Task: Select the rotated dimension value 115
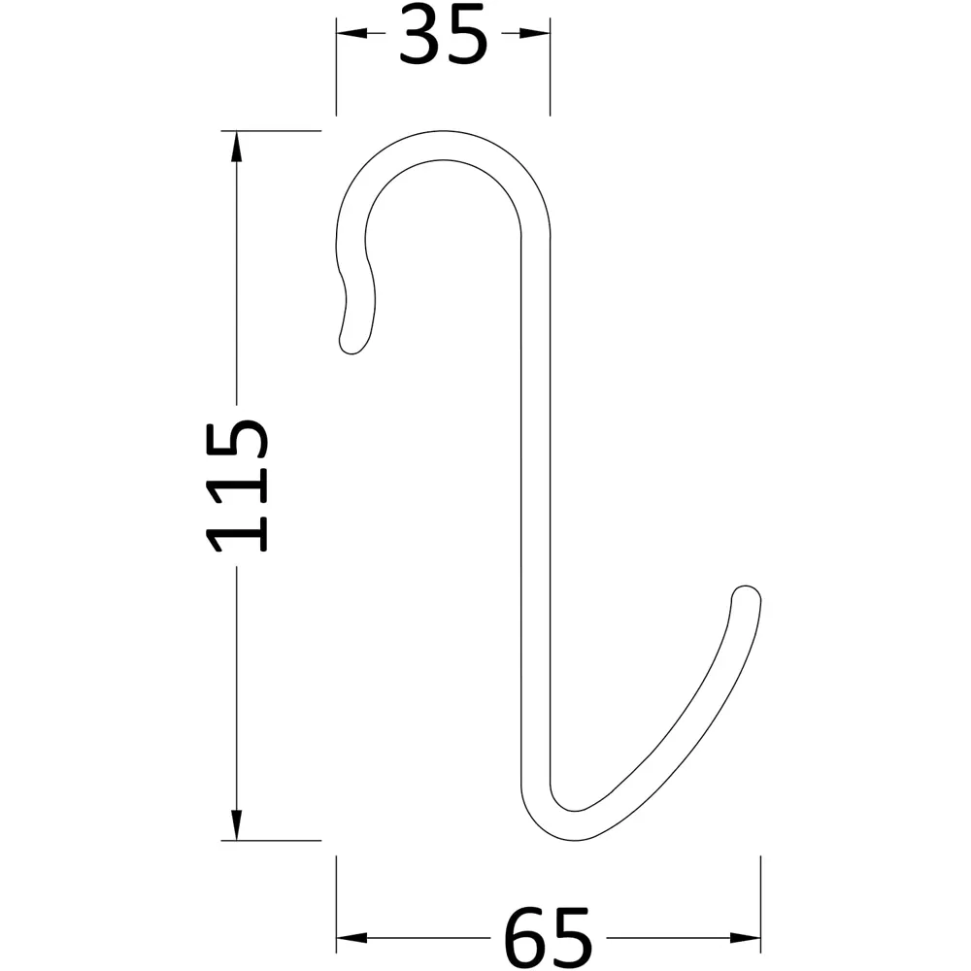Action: (238, 485)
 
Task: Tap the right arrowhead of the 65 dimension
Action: (746, 938)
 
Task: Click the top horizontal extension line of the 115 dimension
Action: (272, 130)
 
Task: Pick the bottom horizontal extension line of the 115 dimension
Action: (272, 841)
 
